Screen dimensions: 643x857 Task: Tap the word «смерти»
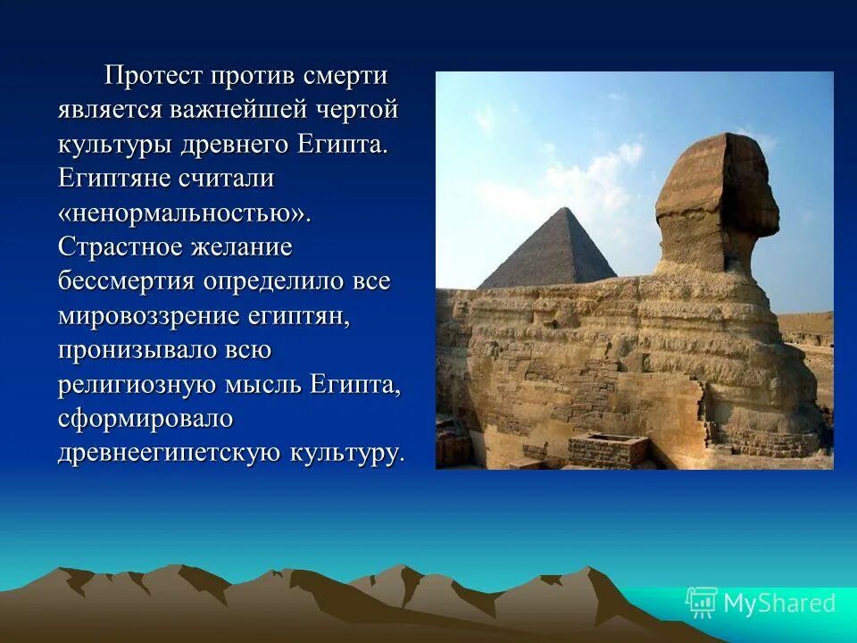[345, 76]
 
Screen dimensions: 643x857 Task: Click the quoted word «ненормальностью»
[184, 213]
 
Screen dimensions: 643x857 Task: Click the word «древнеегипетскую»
[170, 452]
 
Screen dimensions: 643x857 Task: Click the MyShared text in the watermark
[779, 604]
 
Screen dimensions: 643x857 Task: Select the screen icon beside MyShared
[701, 603]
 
